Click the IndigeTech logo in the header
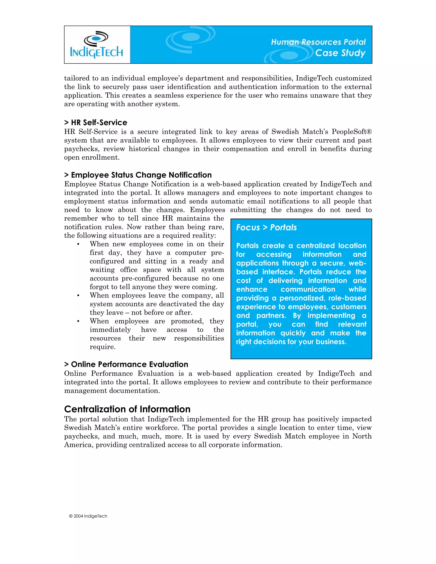click(97, 45)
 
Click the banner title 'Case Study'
click(340, 53)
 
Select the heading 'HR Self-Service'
click(99, 122)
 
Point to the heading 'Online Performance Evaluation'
click(129, 364)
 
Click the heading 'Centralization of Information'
click(127, 409)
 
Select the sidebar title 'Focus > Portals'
click(266, 227)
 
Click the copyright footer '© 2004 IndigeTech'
click(88, 516)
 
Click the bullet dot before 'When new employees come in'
click(78, 244)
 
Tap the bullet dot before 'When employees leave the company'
click(78, 296)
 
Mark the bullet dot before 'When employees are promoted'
click(78, 321)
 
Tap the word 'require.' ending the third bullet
click(103, 347)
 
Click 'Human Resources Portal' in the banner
click(318, 42)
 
